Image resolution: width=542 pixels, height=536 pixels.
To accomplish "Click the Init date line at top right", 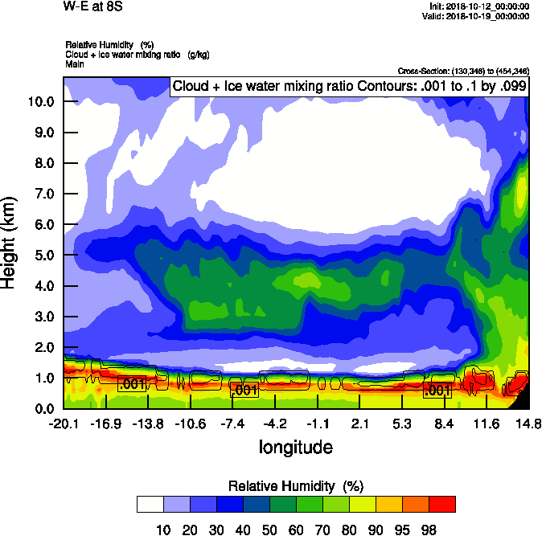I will tap(480, 6).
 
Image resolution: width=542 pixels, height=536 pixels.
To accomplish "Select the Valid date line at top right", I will tap(478, 15).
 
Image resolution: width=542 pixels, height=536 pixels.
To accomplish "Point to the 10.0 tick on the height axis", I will tap(40, 101).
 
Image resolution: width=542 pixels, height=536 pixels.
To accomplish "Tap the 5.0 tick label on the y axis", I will tap(43, 255).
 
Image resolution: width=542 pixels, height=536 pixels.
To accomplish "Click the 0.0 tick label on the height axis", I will tap(43, 408).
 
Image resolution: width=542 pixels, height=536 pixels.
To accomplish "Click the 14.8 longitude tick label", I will tap(528, 423).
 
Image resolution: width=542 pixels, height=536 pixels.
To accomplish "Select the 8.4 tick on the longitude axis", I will tap(445, 423).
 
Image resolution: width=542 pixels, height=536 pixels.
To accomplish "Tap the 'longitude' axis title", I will tap(295, 447).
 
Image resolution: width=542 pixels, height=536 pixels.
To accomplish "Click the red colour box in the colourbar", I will tap(441, 504).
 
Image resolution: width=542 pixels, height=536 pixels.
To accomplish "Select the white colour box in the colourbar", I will tap(150, 504).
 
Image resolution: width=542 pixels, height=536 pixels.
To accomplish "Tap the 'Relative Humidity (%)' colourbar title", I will tap(297, 486).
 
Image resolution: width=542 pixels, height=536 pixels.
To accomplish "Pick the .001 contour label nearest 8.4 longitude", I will tap(437, 391).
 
